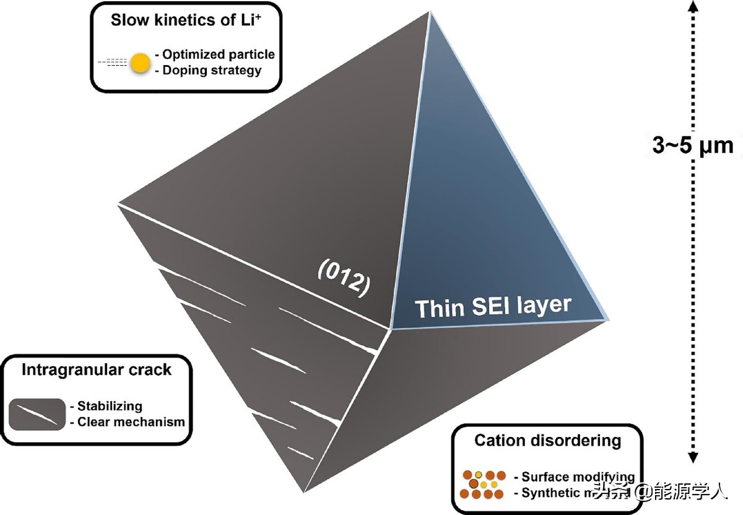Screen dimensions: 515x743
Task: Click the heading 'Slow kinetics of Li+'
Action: [185, 20]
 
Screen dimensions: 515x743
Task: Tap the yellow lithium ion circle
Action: [141, 62]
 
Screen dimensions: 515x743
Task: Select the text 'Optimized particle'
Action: [218, 55]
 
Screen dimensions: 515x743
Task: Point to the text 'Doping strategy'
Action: [212, 70]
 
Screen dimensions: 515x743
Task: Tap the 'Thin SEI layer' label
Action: [493, 306]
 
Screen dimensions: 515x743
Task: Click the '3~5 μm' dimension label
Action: [692, 146]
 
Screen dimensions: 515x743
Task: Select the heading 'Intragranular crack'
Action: [96, 371]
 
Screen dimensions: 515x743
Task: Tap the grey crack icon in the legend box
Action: [38, 414]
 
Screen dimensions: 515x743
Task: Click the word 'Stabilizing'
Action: [110, 407]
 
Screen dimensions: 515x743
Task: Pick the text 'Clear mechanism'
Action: [131, 422]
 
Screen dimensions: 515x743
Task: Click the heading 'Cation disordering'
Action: [547, 441]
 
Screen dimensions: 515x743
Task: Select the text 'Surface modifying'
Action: [578, 477]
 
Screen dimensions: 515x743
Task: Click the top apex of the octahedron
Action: [428, 11]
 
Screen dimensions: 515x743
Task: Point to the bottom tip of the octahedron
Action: [304, 493]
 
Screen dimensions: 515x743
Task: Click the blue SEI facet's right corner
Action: [607, 319]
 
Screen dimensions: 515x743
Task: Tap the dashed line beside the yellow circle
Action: [113, 62]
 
